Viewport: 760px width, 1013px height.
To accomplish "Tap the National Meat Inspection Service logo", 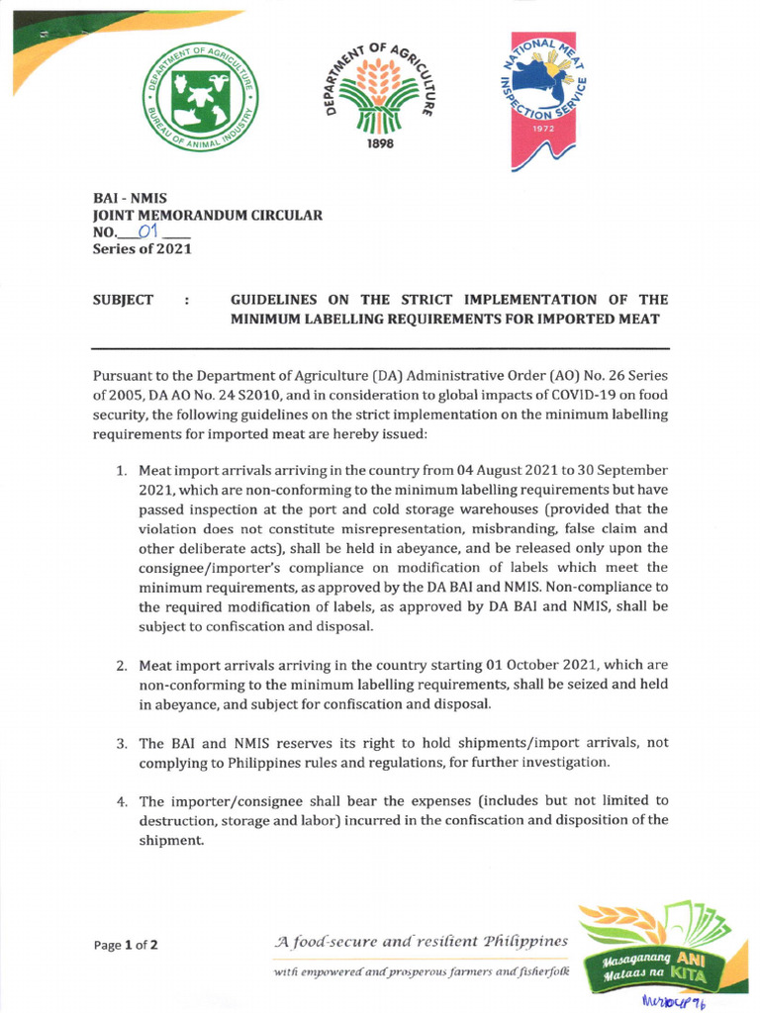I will coord(539,99).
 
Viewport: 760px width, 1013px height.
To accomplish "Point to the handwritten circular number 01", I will coord(149,232).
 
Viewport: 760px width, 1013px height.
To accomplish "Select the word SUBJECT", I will coord(123,299).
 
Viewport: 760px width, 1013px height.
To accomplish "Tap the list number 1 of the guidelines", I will coord(123,470).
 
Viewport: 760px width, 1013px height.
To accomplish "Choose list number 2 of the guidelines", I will coord(123,666).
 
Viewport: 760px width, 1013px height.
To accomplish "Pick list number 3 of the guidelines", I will coord(123,743).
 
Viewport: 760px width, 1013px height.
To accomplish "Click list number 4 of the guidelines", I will coord(123,801).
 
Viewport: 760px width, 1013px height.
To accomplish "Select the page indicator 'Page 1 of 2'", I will coord(126,945).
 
